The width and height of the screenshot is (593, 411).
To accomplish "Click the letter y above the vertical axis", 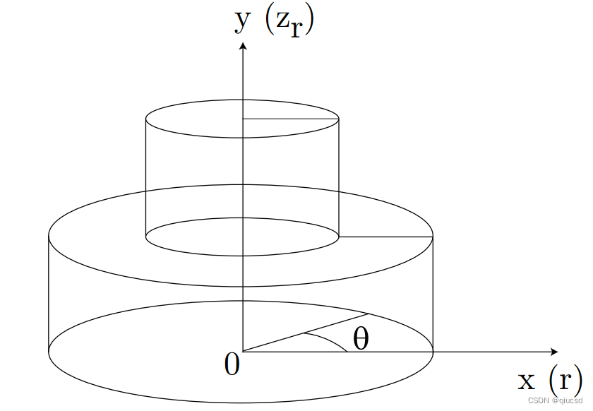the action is point(242,22).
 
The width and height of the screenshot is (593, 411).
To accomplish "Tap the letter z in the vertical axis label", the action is point(284,21).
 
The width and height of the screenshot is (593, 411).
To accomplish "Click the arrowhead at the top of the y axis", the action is point(243,46).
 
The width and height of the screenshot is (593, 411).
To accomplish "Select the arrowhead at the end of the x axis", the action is point(554,352).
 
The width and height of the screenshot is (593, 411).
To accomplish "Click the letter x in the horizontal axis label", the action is point(527,381).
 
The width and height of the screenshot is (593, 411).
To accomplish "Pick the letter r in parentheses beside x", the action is point(564,381).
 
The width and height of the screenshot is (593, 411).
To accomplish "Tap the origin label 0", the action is point(232,364).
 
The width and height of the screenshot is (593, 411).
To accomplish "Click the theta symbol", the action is point(361,338).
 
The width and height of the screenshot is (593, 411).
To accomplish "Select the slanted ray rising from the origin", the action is point(306,333).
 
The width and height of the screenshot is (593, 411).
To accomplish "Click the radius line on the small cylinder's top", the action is point(290,119).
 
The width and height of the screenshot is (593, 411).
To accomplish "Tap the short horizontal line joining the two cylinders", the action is point(385,237).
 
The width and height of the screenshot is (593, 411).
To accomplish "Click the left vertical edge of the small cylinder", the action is point(146,178).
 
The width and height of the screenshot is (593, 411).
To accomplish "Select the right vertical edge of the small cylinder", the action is point(339,178).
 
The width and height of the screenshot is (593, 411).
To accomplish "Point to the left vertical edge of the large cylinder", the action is point(49,294).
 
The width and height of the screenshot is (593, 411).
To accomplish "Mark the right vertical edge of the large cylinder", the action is point(433,294).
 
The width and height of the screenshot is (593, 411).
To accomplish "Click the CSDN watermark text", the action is point(555,400).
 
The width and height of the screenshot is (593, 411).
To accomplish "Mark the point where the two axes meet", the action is point(243,352).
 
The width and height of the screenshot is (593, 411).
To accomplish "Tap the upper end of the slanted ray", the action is point(369,314).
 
